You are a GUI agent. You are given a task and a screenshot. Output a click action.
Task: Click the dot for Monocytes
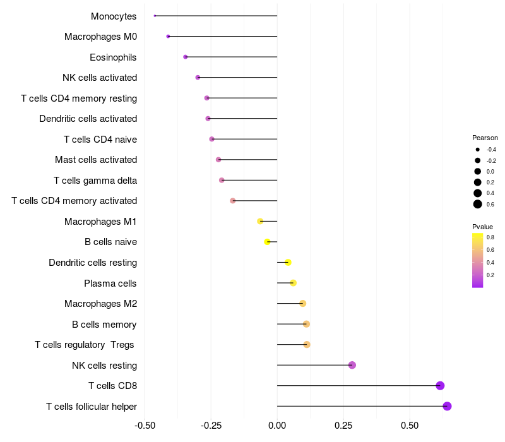click(155, 16)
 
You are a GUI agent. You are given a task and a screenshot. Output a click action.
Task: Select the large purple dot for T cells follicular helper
click(447, 406)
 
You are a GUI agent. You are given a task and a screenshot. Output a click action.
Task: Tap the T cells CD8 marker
click(440, 386)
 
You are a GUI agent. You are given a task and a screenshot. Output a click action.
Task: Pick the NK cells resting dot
click(352, 365)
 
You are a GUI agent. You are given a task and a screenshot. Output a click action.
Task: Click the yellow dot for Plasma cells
click(293, 283)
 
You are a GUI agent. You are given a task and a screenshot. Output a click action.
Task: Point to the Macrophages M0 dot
click(168, 36)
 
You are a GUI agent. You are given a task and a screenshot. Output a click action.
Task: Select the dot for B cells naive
click(267, 242)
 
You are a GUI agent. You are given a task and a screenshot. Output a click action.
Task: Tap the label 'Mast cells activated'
click(96, 160)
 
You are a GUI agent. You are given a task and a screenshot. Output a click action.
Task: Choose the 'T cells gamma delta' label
click(95, 180)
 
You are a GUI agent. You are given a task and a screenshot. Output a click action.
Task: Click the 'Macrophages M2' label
click(100, 304)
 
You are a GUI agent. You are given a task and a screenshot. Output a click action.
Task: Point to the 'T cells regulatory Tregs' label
click(85, 345)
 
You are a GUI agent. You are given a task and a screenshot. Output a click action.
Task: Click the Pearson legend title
click(485, 138)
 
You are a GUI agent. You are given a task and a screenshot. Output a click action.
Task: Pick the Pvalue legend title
click(482, 227)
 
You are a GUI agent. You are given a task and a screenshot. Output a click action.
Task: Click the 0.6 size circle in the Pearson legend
click(478, 204)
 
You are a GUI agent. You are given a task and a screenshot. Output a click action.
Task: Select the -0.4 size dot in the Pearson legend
click(478, 150)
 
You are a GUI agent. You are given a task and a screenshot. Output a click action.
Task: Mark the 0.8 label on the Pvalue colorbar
click(490, 237)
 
